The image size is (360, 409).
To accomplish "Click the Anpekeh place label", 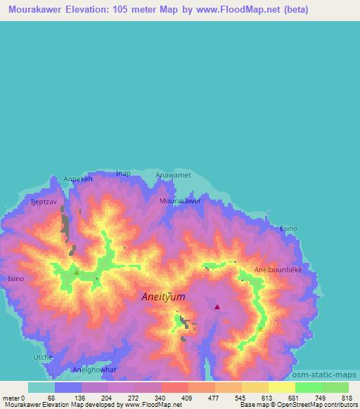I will tap(78, 178).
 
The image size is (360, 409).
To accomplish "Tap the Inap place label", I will tap(124, 173).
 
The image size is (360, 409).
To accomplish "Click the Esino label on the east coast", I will tap(289, 228).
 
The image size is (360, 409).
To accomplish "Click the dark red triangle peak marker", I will tap(217, 306).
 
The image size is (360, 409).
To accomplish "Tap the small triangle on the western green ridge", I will tap(77, 271).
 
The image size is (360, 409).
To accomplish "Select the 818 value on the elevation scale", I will tap(348, 398).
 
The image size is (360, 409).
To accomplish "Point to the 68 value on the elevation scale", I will tap(51, 398).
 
